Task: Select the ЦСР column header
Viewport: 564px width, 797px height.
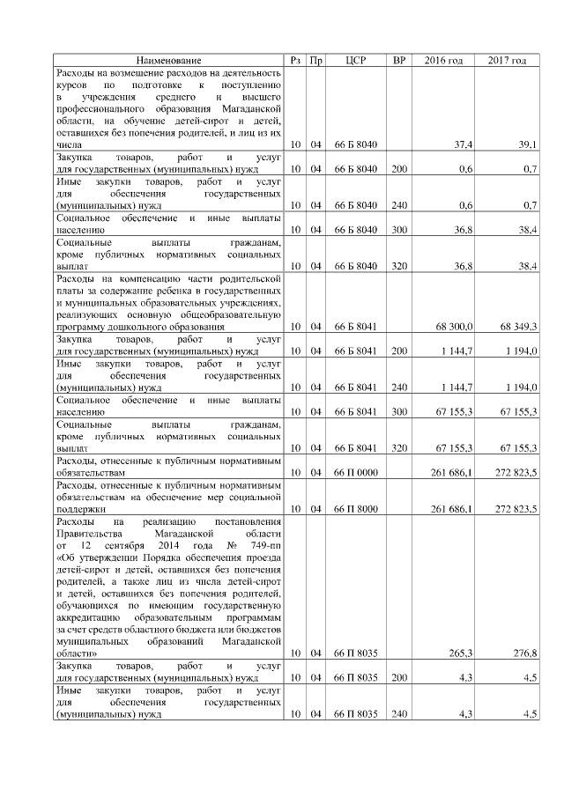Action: point(356,60)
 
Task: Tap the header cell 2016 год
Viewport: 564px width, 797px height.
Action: point(443,60)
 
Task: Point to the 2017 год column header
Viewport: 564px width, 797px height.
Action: point(507,60)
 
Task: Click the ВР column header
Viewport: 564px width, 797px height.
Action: point(399,60)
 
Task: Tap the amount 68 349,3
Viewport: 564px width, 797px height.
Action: point(518,327)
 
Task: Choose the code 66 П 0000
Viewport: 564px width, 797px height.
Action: point(356,473)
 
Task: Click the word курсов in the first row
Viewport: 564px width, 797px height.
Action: point(72,84)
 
